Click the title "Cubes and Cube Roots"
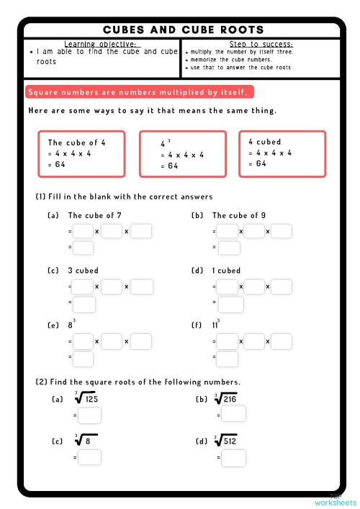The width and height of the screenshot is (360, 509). click(183, 30)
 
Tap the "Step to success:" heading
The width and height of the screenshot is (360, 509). click(260, 44)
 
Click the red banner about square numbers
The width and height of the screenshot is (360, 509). click(139, 92)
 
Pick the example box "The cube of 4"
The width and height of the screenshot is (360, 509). click(82, 153)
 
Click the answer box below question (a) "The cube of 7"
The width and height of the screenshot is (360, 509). click(84, 248)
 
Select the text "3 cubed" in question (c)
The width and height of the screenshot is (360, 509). click(83, 271)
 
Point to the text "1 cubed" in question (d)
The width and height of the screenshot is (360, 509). click(226, 271)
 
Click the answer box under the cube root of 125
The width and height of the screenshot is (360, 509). click(90, 415)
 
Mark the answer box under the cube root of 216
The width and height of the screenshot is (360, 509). click(234, 414)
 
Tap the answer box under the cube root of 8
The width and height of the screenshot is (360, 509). click(90, 457)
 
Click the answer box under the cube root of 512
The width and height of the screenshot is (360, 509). click(234, 457)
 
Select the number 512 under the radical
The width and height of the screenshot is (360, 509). click(230, 441)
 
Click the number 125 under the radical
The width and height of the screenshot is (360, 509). click(90, 398)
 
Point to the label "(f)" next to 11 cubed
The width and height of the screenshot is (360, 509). click(196, 325)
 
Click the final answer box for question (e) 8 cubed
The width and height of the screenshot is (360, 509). click(84, 358)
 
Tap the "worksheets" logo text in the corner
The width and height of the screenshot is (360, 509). click(336, 502)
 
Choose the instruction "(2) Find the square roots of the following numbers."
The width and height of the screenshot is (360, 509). click(138, 382)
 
